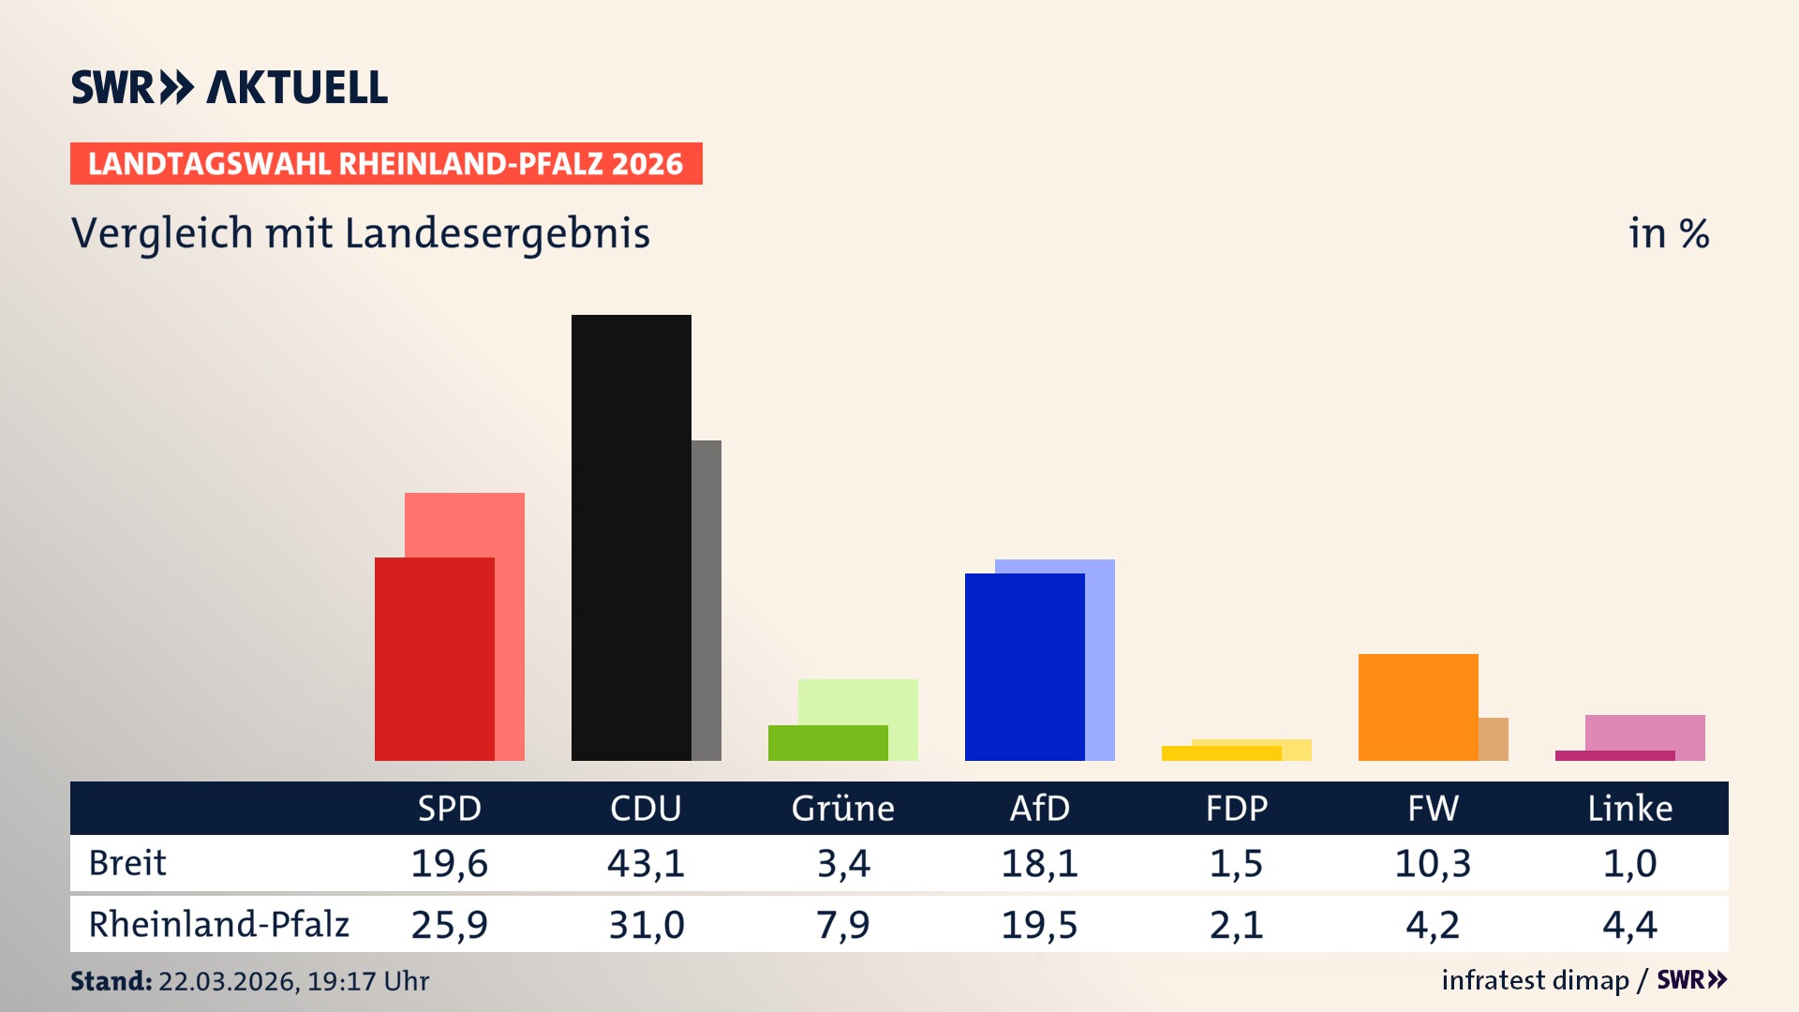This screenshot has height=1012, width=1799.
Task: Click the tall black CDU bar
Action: coord(631,537)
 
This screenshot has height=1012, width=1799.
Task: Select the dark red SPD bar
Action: coord(434,659)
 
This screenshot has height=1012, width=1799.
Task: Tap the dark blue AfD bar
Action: coord(1024,666)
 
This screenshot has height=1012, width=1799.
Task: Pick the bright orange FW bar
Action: coord(1418,707)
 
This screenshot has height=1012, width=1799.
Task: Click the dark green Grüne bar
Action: coord(827,742)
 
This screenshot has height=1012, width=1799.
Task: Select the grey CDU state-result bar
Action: coord(706,600)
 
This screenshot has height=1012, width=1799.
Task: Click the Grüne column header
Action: coord(842,809)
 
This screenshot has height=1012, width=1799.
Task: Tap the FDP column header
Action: coord(1236,809)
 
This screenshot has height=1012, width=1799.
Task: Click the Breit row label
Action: coord(127,863)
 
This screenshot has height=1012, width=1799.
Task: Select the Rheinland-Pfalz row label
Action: coord(218,925)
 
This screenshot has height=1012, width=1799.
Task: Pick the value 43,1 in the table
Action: coord(646,863)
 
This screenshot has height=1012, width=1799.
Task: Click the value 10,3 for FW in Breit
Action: coord(1433,863)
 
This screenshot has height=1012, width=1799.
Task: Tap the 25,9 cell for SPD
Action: coord(449,925)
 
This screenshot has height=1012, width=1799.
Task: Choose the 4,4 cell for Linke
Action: coord(1629,925)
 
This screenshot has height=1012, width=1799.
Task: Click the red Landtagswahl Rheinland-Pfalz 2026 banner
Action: coord(386,164)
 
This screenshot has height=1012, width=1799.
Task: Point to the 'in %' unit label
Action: coord(1668,233)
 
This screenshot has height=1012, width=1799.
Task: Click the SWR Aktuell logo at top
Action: coord(229,87)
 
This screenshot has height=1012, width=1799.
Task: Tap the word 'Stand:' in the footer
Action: coord(111,981)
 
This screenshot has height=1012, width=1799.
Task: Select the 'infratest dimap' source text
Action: coord(1535,980)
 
